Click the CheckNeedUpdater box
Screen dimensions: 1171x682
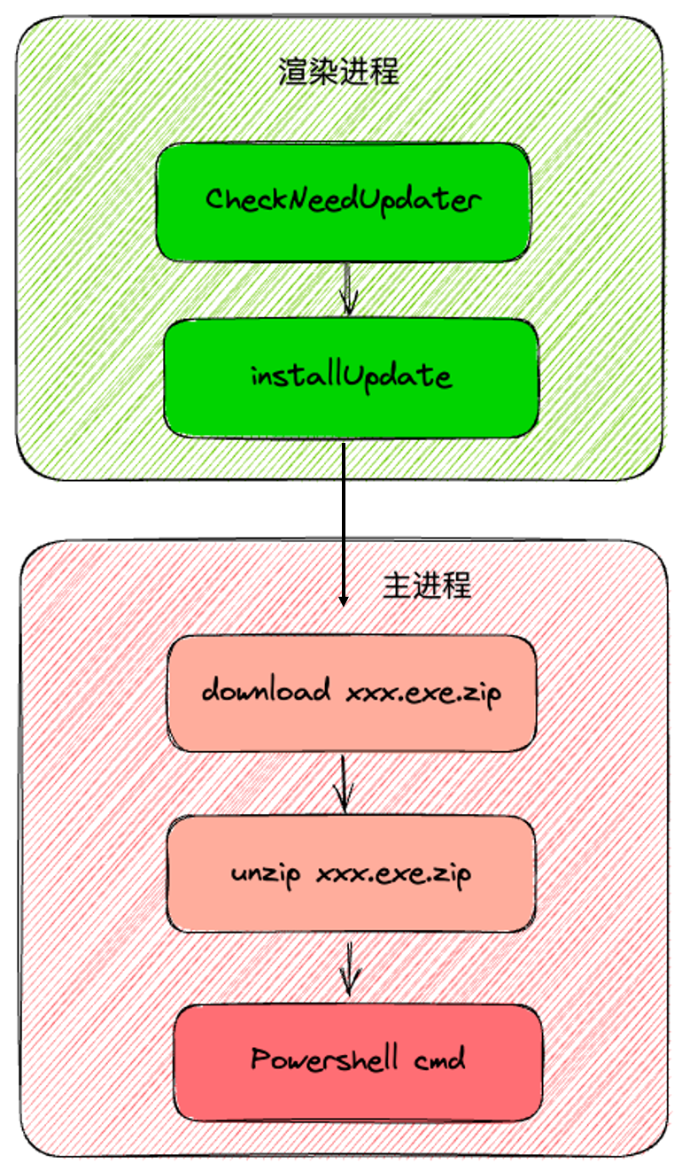pyautogui.click(x=344, y=201)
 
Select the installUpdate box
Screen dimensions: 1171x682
pyautogui.click(x=351, y=377)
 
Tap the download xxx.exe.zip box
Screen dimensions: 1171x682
pyautogui.click(x=351, y=692)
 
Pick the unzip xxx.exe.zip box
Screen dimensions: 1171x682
pyautogui.click(x=351, y=873)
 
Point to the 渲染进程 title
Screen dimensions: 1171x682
pyautogui.click(x=339, y=72)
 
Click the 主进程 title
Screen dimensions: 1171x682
pyautogui.click(x=427, y=585)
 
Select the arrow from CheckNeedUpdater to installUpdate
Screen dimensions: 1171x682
pyautogui.click(x=347, y=289)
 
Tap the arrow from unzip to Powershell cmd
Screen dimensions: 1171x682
pyautogui.click(x=351, y=967)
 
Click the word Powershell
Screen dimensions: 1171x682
pyautogui.click(x=323, y=1060)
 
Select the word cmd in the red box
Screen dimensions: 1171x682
pyautogui.click(x=438, y=1059)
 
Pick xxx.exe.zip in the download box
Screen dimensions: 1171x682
pyautogui.click(x=423, y=692)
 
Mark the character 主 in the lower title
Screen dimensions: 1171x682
pyautogui.click(x=397, y=585)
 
